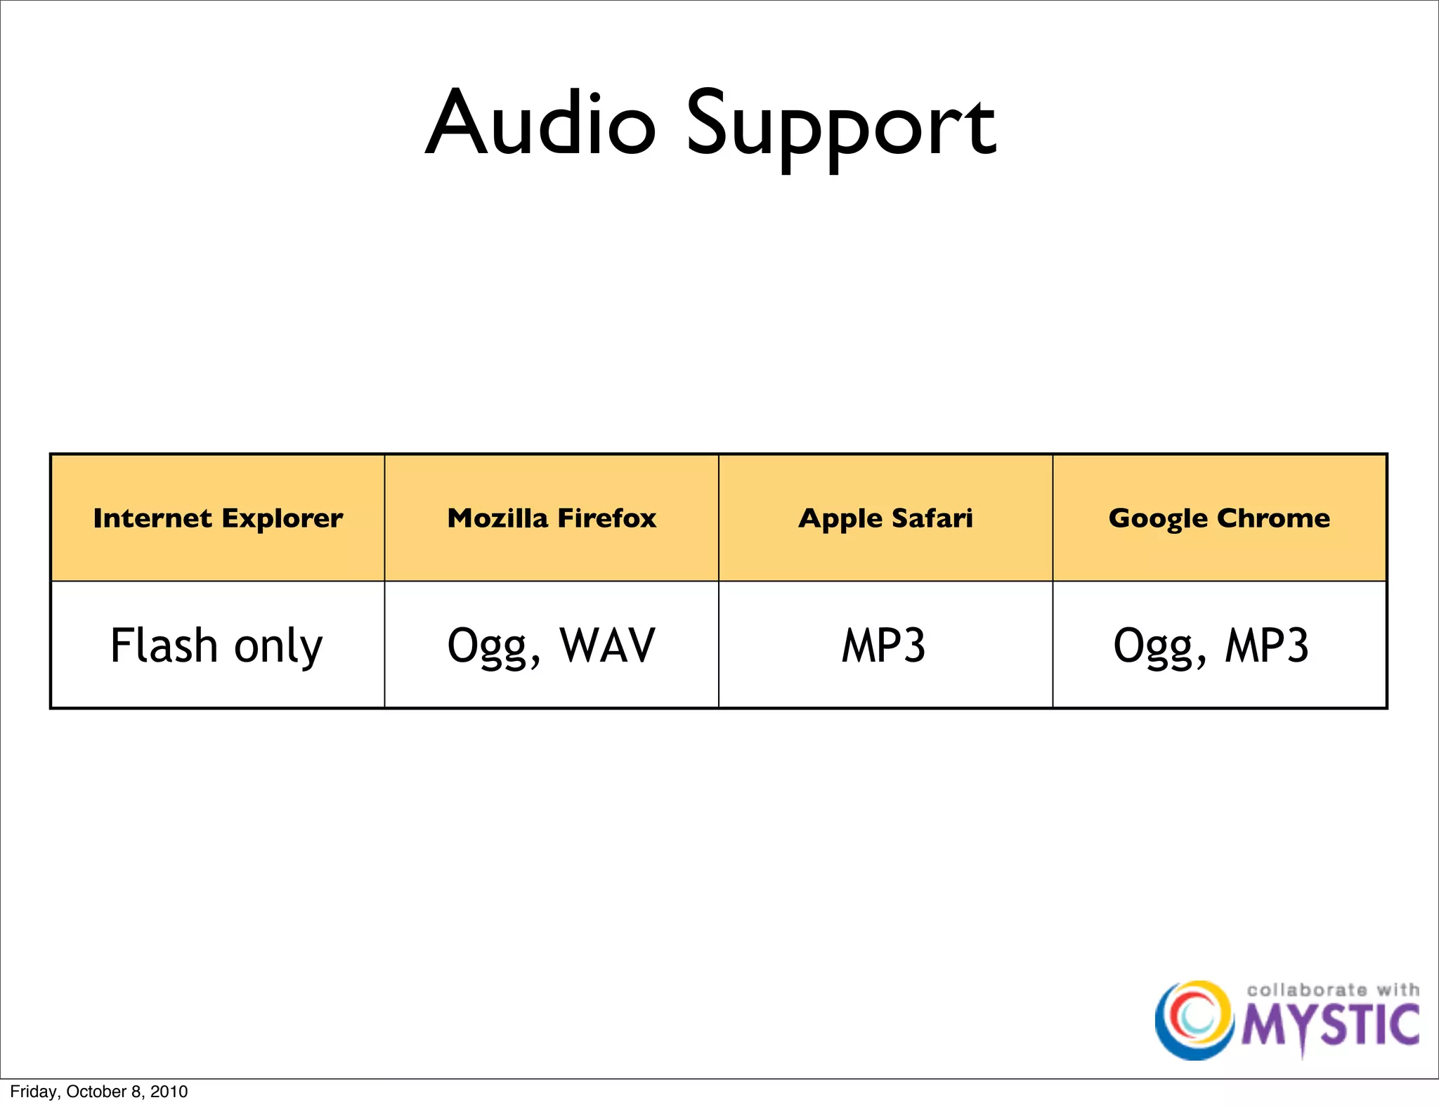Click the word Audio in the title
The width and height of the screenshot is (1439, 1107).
pos(541,123)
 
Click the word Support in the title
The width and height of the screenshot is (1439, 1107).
pos(840,126)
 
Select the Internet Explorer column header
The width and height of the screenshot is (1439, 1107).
pos(218,518)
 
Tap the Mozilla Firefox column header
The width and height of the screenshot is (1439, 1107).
pos(552,518)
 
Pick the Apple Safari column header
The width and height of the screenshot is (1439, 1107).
pos(885,518)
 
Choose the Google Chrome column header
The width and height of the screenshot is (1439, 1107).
pos(1219,518)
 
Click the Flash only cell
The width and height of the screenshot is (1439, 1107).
pos(216,646)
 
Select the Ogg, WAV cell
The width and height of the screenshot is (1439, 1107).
pos(552,646)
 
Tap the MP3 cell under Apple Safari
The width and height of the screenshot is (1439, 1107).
pos(884,646)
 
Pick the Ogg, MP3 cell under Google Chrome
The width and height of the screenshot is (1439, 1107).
pos(1211,646)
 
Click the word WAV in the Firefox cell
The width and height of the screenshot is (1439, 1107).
pos(607,645)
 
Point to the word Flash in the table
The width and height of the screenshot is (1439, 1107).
pos(164,645)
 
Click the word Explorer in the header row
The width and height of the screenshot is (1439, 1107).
pos(282,518)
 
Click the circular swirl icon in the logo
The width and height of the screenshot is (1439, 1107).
pos(1194,1019)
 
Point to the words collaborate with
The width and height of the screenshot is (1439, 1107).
pos(1332,990)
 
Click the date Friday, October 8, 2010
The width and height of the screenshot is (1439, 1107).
pos(99,1092)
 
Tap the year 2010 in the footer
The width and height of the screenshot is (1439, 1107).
pos(169,1092)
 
